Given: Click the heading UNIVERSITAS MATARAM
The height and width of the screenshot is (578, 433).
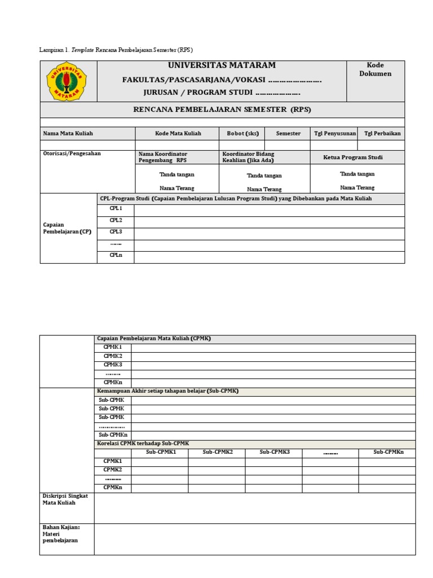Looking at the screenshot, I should [x=222, y=66].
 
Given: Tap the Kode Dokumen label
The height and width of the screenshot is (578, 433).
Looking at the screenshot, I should [x=375, y=69].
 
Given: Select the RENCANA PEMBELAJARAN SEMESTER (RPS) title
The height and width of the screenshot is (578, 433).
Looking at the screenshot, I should [x=222, y=110].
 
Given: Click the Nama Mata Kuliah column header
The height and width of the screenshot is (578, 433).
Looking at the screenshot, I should [x=68, y=134].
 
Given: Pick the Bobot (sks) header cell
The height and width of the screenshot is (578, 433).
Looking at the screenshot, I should [x=243, y=134].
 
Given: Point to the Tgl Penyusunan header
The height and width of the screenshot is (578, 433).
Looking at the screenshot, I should [x=335, y=134].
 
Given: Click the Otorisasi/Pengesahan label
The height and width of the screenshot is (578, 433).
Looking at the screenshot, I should [x=72, y=154].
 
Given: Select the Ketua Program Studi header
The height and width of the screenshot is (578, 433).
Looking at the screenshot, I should [x=356, y=157].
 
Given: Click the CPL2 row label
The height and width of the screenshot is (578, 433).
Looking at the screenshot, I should [x=116, y=220].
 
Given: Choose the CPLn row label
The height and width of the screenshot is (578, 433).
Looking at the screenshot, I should [x=116, y=255].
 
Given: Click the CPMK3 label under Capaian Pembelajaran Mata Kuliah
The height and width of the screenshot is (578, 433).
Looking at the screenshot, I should [x=113, y=365].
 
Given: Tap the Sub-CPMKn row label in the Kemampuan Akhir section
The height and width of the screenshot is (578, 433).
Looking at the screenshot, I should [x=113, y=435].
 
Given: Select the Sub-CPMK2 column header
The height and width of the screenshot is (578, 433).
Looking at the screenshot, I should [x=217, y=453].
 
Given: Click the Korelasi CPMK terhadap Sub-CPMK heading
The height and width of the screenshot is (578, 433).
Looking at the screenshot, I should [x=143, y=444].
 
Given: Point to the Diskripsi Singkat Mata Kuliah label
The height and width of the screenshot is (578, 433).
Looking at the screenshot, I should [x=65, y=499].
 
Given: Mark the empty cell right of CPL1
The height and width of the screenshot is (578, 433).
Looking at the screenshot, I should [x=269, y=209].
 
